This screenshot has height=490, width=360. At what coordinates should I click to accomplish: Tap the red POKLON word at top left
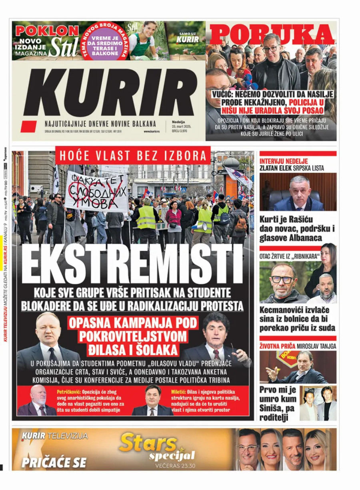47,31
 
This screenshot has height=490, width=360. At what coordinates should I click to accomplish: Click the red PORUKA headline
271,34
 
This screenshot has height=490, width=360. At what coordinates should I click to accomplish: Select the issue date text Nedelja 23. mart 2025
181,127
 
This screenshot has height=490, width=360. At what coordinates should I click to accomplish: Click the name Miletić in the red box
187,391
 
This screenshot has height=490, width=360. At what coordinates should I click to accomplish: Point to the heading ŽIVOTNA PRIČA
278,346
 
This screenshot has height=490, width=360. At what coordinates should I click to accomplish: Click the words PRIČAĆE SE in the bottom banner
54,462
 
